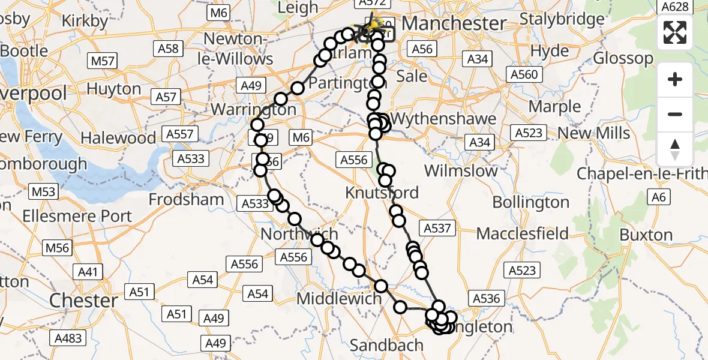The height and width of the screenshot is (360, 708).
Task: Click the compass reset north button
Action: pyautogui.click(x=675, y=149)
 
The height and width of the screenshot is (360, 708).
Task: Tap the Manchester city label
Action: pyautogui.click(x=454, y=23)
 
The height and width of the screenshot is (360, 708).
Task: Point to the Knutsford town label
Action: pyautogui.click(x=382, y=193)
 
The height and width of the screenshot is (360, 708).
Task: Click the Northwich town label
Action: pyautogui.click(x=299, y=234)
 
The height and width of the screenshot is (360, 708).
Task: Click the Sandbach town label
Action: pyautogui.click(x=386, y=345)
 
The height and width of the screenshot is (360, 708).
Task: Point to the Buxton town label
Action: pyautogui.click(x=646, y=235)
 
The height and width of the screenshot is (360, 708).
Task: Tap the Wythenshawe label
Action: pyautogui.click(x=444, y=118)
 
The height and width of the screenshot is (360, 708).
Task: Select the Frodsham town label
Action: pyautogui.click(x=187, y=199)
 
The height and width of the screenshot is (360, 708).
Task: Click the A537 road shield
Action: pyautogui.click(x=439, y=228)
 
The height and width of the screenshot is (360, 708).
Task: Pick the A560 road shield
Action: pyautogui.click(x=523, y=74)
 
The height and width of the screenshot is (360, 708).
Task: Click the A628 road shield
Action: pyautogui.click(x=674, y=7)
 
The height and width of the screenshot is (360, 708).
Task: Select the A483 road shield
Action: pyautogui.click(x=67, y=338)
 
